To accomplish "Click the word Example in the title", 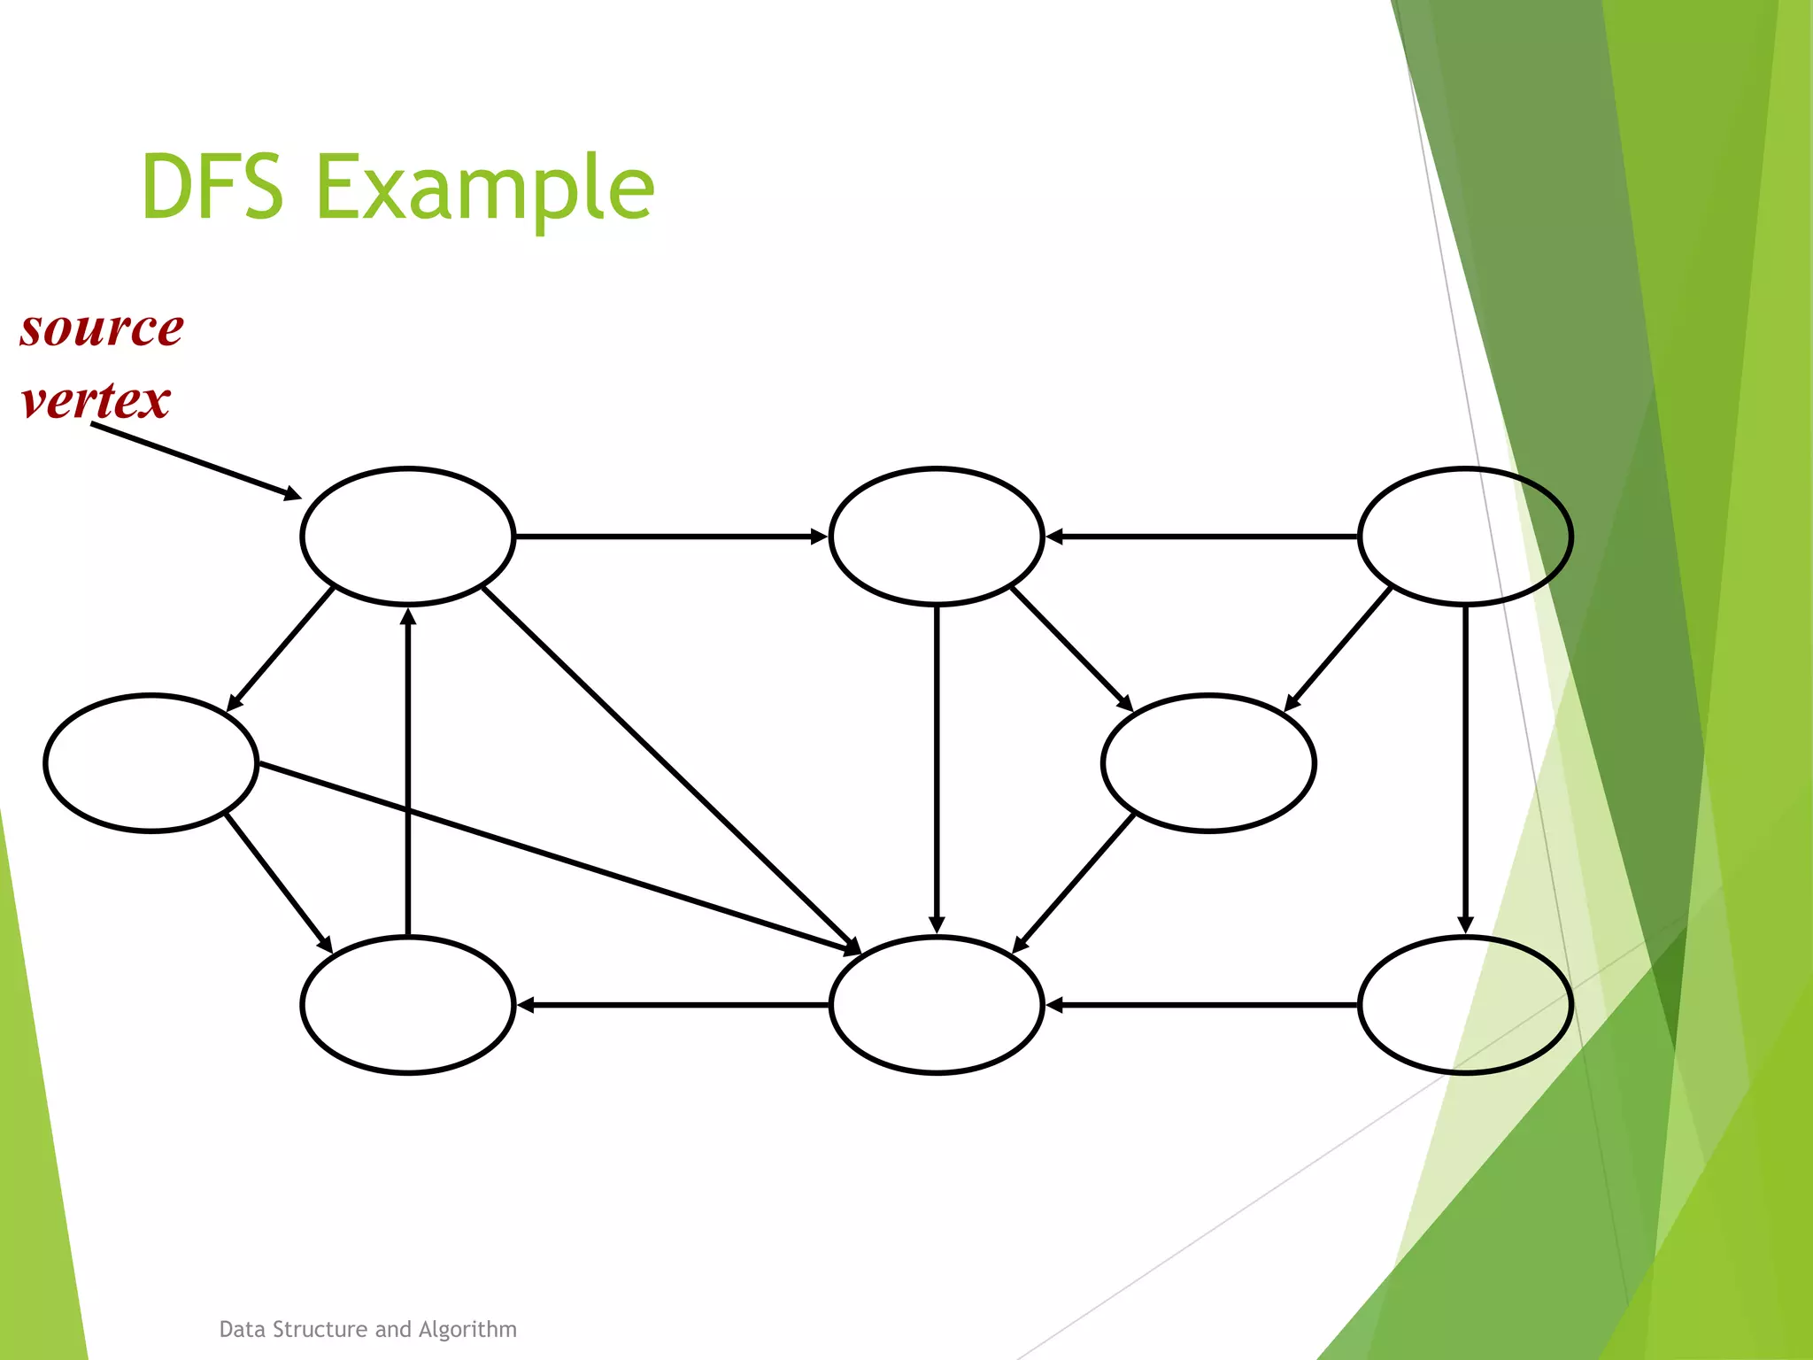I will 485,188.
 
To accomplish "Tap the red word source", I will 102,328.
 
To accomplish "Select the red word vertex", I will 96,400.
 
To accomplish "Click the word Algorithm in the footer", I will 467,1329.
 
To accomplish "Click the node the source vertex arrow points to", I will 407,537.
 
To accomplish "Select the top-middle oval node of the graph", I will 937,537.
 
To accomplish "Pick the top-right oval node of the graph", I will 1465,537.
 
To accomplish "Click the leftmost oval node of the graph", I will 150,763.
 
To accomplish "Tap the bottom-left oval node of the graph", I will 407,1005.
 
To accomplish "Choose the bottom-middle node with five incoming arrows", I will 937,1005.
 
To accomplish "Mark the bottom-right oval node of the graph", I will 1465,1005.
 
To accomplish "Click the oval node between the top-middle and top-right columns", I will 1208,763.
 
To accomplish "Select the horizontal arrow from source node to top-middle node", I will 671,537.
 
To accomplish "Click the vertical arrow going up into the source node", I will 407,770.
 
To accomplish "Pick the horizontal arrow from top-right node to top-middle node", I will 1201,537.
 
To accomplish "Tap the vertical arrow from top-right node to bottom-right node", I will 1465,770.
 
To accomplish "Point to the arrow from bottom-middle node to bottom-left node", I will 673,1005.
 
